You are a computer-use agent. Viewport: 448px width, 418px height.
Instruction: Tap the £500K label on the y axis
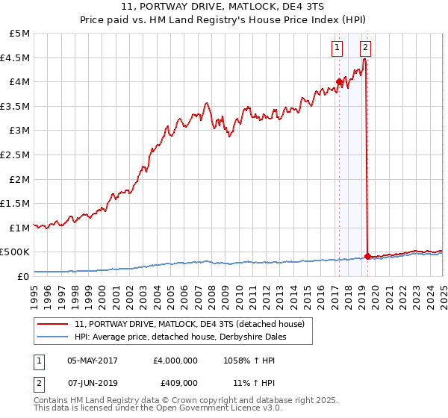(x=16, y=252)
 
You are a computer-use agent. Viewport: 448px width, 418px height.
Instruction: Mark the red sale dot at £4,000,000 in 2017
(x=339, y=82)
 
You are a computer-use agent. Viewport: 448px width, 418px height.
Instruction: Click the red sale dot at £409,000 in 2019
(x=368, y=257)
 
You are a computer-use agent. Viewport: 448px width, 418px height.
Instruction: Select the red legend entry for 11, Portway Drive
(x=190, y=325)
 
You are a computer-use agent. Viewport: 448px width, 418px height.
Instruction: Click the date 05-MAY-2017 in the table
(x=92, y=360)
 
